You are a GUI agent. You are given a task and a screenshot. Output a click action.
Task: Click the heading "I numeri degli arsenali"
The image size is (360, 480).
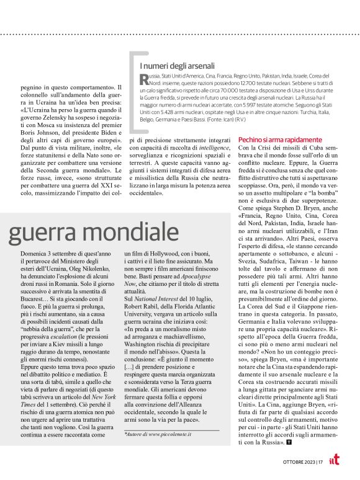pyautogui.click(x=177, y=66)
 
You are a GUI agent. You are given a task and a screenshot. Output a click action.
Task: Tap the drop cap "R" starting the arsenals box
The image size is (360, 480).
pyautogui.click(x=145, y=78)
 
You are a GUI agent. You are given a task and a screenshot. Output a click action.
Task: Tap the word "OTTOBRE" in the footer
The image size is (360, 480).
pyautogui.click(x=299, y=461)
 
